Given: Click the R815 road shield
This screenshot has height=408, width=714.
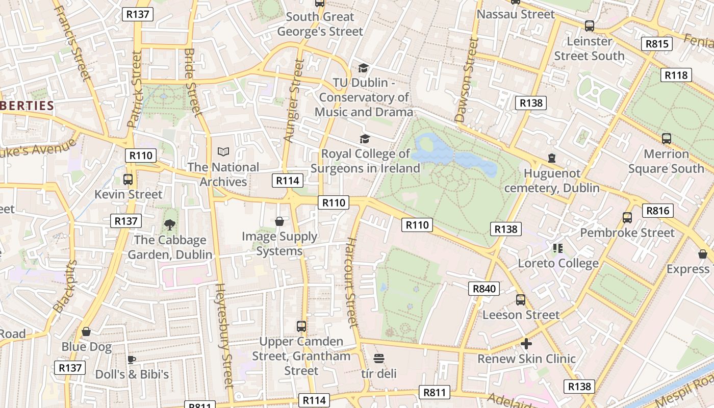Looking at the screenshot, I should click(x=656, y=44).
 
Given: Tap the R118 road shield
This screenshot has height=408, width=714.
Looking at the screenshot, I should click(x=676, y=75).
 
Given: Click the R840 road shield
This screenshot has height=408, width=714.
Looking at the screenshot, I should click(x=484, y=289).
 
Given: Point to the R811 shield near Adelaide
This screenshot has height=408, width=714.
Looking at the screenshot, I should click(x=435, y=392).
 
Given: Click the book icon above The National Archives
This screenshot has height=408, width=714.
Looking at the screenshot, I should click(x=223, y=151).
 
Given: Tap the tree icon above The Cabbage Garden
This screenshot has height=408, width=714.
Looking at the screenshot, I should click(x=170, y=224).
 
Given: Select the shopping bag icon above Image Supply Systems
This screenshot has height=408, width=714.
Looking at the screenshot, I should click(x=279, y=221).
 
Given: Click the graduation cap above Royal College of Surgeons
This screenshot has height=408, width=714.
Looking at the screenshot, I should click(x=365, y=139).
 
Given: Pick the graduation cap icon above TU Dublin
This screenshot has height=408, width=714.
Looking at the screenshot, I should click(x=363, y=68).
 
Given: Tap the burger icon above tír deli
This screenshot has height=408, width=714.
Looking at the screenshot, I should click(x=378, y=359).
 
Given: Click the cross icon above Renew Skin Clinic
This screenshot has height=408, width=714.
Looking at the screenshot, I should click(x=526, y=344).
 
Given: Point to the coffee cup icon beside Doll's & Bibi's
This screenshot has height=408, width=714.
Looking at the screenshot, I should click(x=132, y=360).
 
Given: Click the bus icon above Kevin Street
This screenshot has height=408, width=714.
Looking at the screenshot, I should click(x=128, y=180).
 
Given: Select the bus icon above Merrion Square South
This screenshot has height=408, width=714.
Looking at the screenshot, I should click(x=666, y=139).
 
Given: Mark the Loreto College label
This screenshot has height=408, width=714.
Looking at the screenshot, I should click(x=558, y=263).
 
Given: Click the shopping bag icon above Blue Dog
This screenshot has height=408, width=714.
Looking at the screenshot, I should click(x=86, y=332).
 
